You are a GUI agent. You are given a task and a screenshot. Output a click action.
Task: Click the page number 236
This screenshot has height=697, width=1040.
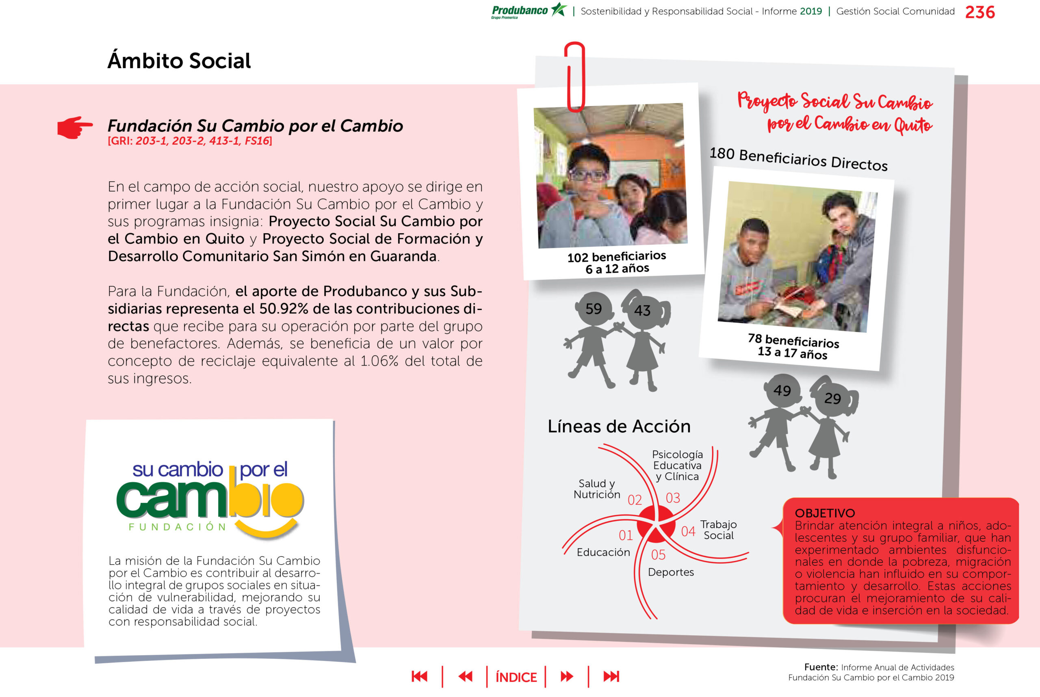979,12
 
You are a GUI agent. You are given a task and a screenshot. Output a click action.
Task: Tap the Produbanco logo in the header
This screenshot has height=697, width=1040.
528,11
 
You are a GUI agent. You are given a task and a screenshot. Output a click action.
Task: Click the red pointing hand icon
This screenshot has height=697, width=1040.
75,127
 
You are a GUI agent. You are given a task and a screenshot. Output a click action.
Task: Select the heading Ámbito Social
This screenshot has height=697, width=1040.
179,61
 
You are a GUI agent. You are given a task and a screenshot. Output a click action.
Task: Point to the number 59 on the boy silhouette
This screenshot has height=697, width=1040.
594,309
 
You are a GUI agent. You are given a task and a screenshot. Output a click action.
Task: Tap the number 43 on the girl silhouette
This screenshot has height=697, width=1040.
642,310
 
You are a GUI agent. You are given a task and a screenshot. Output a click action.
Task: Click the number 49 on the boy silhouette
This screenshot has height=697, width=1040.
782,390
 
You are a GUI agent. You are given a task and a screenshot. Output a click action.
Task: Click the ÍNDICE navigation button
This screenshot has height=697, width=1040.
516,677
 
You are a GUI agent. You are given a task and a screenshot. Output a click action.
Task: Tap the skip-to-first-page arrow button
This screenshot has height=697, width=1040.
419,677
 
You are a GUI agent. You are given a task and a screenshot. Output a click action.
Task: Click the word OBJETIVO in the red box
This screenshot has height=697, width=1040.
825,513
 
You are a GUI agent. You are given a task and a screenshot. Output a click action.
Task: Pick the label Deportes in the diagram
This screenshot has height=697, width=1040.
670,572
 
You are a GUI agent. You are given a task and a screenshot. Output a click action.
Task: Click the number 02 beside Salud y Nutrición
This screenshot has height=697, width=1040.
635,500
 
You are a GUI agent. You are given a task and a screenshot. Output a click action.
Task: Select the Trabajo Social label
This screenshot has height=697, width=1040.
719,530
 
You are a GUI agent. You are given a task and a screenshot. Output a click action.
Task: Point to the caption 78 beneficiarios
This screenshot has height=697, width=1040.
793,341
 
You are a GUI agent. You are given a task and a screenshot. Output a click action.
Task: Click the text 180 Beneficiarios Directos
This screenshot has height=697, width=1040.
798,159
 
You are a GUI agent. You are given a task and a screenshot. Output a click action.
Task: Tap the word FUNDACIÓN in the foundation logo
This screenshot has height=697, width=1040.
178,527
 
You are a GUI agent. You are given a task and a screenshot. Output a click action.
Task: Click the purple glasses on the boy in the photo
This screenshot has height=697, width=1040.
588,174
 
